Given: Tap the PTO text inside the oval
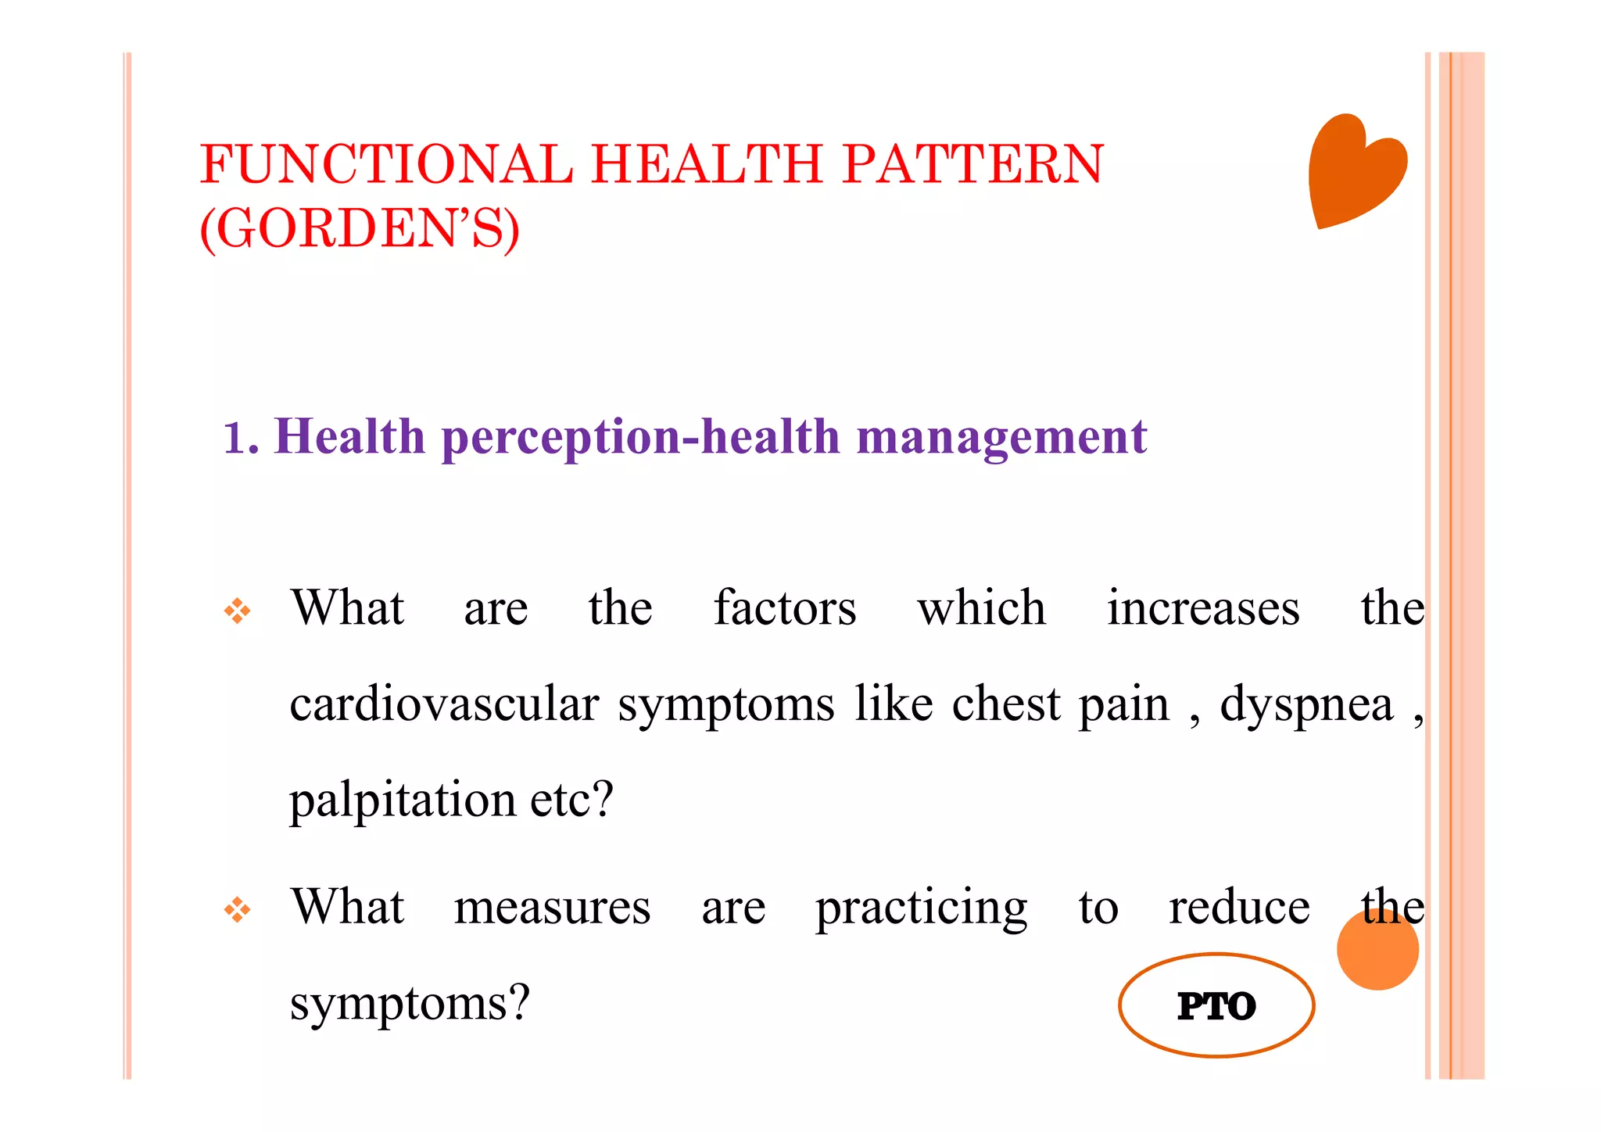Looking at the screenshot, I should click(x=1216, y=1006).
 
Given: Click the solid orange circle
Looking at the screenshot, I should click(x=1377, y=950).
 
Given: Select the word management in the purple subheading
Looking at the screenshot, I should click(x=1001, y=438).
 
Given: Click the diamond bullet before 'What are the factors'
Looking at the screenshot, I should click(x=238, y=611).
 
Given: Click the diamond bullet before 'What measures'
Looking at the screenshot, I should click(x=238, y=910).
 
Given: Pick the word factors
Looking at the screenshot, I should click(x=785, y=608).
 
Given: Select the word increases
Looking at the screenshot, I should click(x=1203, y=608).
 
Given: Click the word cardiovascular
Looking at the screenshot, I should click(x=444, y=704).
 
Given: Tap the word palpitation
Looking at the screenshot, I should click(x=403, y=801).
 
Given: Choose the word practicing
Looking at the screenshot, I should click(x=921, y=908).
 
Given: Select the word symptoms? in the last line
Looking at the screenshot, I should click(x=410, y=1004).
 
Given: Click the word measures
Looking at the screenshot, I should click(x=552, y=908).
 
